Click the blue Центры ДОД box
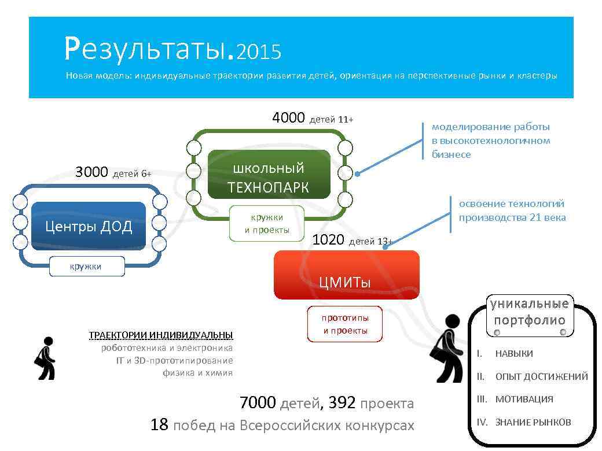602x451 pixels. [88, 226]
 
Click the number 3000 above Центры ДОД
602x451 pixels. [91, 172]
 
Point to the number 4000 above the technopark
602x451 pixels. [288, 118]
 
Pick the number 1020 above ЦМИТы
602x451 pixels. [328, 240]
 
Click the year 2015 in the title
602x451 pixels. [259, 53]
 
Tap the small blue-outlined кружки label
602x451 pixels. [86, 267]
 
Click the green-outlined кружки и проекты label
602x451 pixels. [267, 224]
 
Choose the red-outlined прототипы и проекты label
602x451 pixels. [345, 324]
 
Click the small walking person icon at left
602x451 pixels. [45, 358]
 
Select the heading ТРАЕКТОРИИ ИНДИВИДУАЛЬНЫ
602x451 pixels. [161, 335]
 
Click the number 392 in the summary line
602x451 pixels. [342, 403]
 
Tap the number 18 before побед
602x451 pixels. [159, 425]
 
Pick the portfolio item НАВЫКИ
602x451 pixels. [513, 353]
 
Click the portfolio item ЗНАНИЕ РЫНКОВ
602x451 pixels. [533, 422]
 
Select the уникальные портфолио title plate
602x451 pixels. [530, 313]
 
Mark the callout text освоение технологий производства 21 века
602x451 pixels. [512, 210]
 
